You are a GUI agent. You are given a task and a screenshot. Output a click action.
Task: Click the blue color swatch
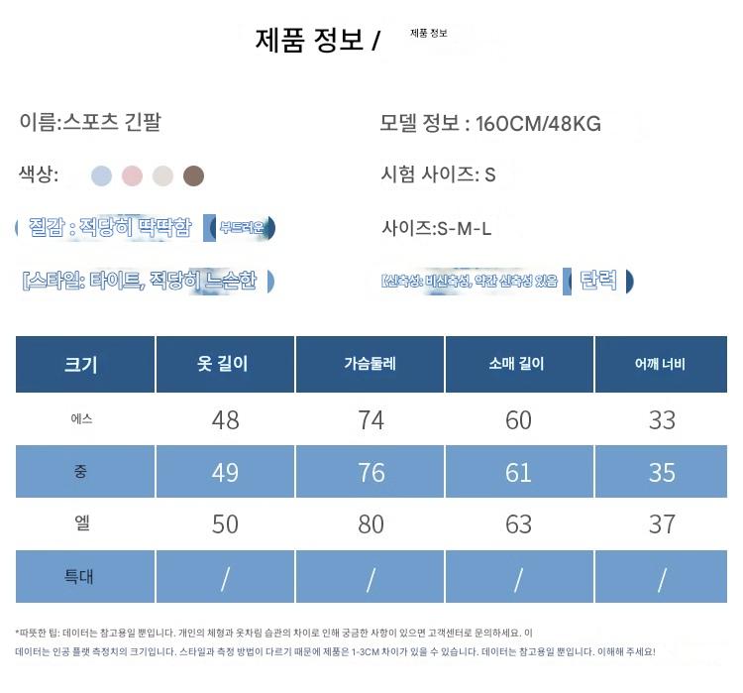[x=101, y=176]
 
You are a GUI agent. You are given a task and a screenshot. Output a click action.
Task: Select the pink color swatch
[x=132, y=176]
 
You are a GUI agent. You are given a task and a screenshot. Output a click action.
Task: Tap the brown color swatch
[x=194, y=176]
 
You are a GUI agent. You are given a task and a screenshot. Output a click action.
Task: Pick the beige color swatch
[x=162, y=176]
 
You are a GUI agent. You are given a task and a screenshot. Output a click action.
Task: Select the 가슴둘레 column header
[x=371, y=364]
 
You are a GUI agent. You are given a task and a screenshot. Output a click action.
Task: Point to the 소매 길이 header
[x=517, y=364]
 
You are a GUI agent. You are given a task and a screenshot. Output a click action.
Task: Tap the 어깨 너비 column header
[x=661, y=364]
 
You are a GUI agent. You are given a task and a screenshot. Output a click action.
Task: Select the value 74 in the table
[x=371, y=420]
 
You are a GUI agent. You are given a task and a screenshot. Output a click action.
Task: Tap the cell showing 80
[x=371, y=523]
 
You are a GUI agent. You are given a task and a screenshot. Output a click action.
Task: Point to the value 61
[x=518, y=472]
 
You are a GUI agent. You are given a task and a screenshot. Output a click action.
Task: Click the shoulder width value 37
[x=662, y=523]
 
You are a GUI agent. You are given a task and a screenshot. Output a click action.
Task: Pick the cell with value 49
[x=225, y=472]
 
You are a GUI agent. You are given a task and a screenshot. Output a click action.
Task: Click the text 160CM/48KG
[x=538, y=124]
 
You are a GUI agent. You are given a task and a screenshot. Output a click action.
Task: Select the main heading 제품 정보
[x=310, y=40]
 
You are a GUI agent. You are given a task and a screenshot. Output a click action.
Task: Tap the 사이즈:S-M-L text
[x=437, y=229]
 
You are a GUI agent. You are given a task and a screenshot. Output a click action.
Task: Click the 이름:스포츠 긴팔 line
[x=90, y=122]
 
